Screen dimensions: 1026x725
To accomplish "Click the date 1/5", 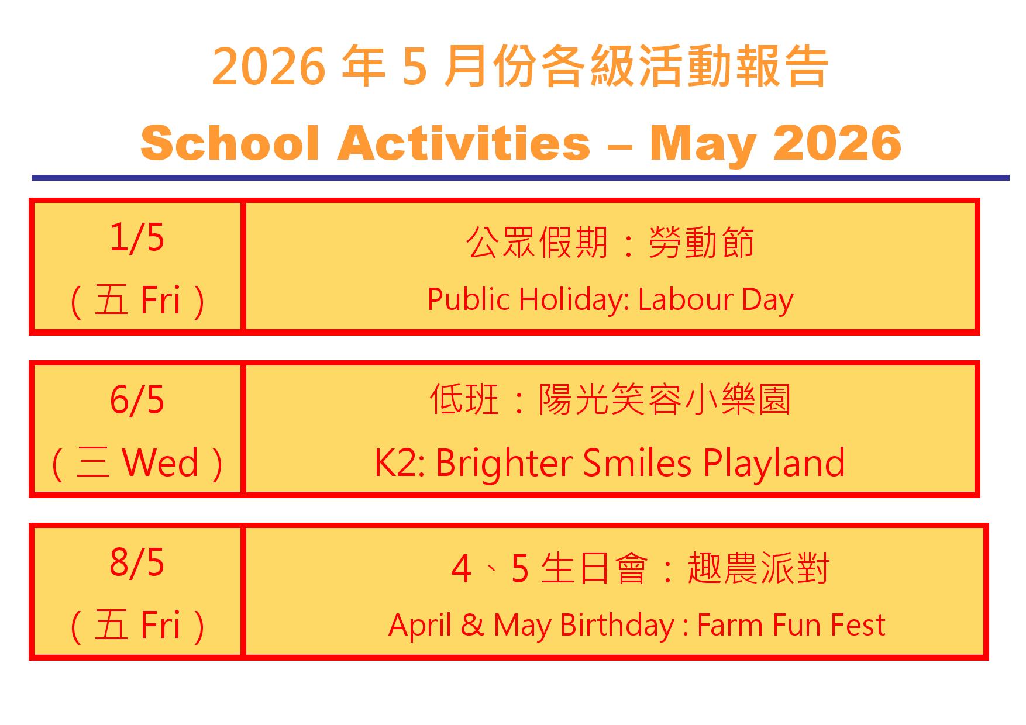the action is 137,238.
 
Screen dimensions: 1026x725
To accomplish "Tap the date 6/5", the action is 137,401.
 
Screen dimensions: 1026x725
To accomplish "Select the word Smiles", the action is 637,462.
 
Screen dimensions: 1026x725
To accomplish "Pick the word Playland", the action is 774,462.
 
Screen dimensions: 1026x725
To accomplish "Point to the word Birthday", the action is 617,626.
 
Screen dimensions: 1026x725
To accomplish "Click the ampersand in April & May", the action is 472,625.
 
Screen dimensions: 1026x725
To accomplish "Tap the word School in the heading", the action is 230,143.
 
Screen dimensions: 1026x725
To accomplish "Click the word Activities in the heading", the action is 464,143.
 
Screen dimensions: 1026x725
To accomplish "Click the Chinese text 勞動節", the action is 701,243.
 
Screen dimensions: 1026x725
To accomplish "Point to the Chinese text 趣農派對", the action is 759,568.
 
